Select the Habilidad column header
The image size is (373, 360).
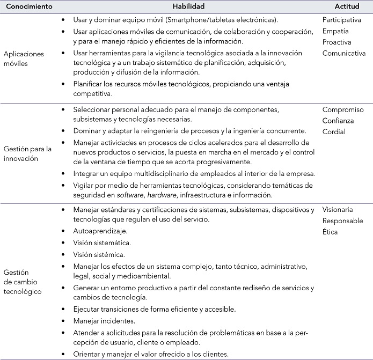coord(191,6)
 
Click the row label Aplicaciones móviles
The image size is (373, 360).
coord(24,58)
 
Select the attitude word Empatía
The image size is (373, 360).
coord(336,31)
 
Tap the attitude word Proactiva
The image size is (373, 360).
coord(338,42)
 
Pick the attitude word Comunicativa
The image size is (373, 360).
coord(344,53)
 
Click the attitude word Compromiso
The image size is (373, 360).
coord(343,109)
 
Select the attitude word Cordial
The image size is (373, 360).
coord(334,132)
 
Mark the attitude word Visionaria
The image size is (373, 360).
coord(339,209)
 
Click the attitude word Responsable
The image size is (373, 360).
coord(343,221)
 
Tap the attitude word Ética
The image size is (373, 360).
coord(331,232)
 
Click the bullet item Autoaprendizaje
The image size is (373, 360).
coord(101,232)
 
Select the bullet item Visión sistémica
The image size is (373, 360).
coord(100,254)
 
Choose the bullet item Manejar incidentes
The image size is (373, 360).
coord(105,320)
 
